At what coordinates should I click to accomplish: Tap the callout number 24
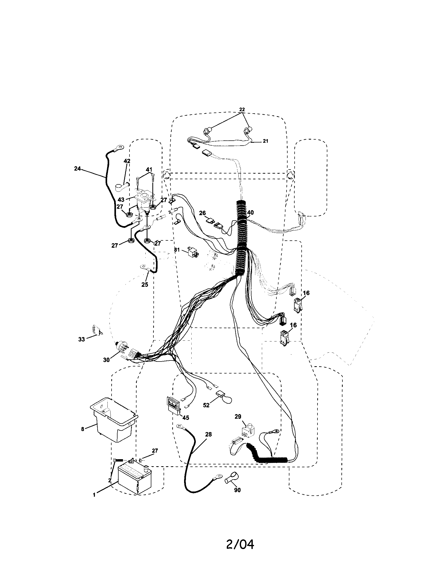[77, 169]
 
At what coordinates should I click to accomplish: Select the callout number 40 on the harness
[250, 213]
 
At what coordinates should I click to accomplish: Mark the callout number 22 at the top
[242, 110]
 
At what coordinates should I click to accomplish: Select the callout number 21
[265, 141]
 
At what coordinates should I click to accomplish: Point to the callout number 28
[208, 434]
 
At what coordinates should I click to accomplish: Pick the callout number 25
[145, 284]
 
